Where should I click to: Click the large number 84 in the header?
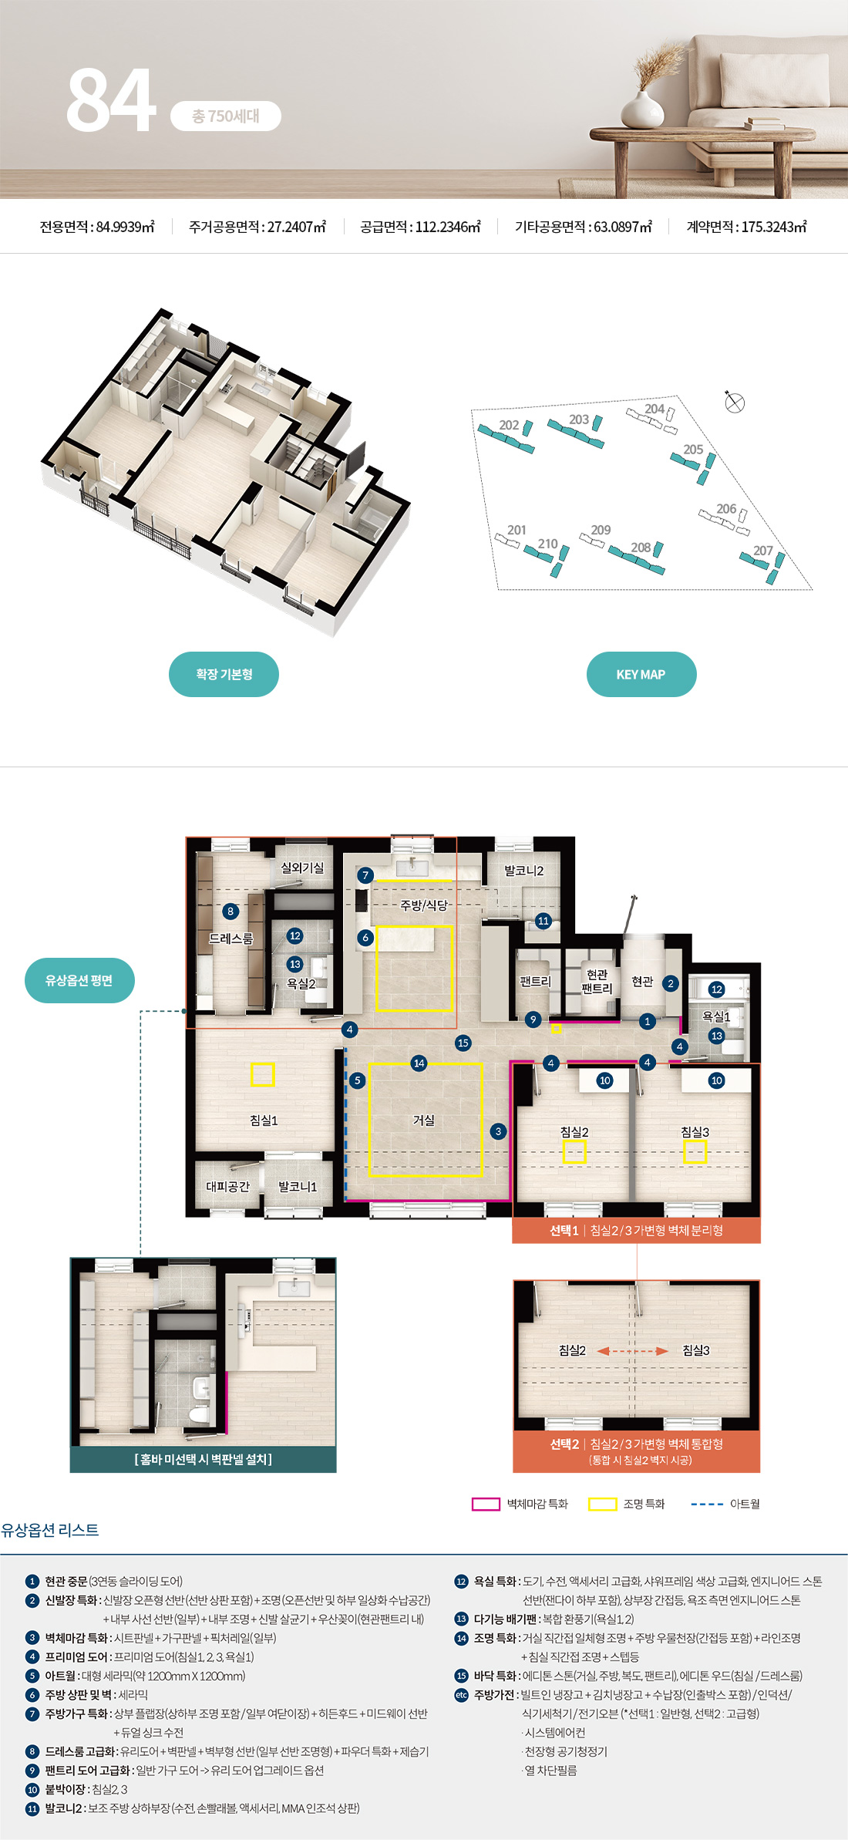click(x=111, y=99)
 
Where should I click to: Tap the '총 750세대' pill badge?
click(x=225, y=116)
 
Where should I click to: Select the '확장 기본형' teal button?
click(x=224, y=674)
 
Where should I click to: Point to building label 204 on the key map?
click(x=655, y=409)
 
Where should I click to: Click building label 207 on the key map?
click(x=762, y=551)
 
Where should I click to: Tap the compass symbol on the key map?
click(x=735, y=403)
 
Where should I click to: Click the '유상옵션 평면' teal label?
click(x=79, y=980)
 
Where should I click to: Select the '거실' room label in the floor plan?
click(x=424, y=1120)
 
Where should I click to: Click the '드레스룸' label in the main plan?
click(x=231, y=939)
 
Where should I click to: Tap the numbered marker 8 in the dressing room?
click(x=230, y=912)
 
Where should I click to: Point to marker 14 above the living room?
click(x=419, y=1063)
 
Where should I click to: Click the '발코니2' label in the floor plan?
click(x=524, y=871)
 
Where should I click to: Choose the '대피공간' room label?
click(x=228, y=1186)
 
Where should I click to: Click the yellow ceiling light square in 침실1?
click(x=263, y=1074)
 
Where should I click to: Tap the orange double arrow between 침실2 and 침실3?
click(x=632, y=1350)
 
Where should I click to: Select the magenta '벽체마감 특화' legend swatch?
click(x=486, y=1504)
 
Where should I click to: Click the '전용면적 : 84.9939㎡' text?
click(x=97, y=227)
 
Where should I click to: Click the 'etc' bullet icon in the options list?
click(x=462, y=1695)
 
